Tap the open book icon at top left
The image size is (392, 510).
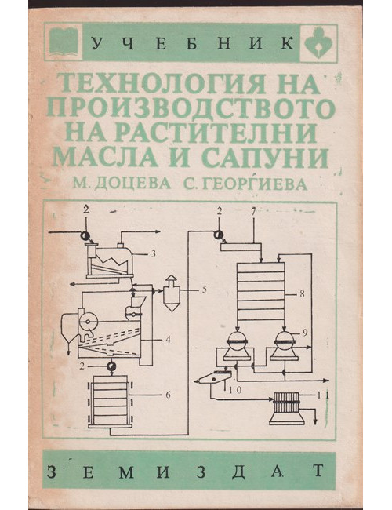pos(64,42)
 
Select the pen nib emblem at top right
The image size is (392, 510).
pos(318,42)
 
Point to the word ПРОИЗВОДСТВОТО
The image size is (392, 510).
pos(191,108)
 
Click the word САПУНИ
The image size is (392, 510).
pos(265,158)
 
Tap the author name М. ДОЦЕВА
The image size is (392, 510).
pos(122,184)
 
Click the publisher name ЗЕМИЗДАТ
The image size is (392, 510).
pos(186,470)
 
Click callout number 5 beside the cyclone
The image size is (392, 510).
pos(204,290)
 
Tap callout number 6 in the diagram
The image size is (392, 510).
pos(168,395)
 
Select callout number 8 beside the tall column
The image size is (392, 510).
pos(302,294)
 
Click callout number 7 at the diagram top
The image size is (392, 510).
pos(253,212)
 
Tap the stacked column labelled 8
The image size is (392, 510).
pos(260,291)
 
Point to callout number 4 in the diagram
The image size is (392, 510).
pos(168,340)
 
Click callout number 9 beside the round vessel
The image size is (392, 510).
pos(304,333)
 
